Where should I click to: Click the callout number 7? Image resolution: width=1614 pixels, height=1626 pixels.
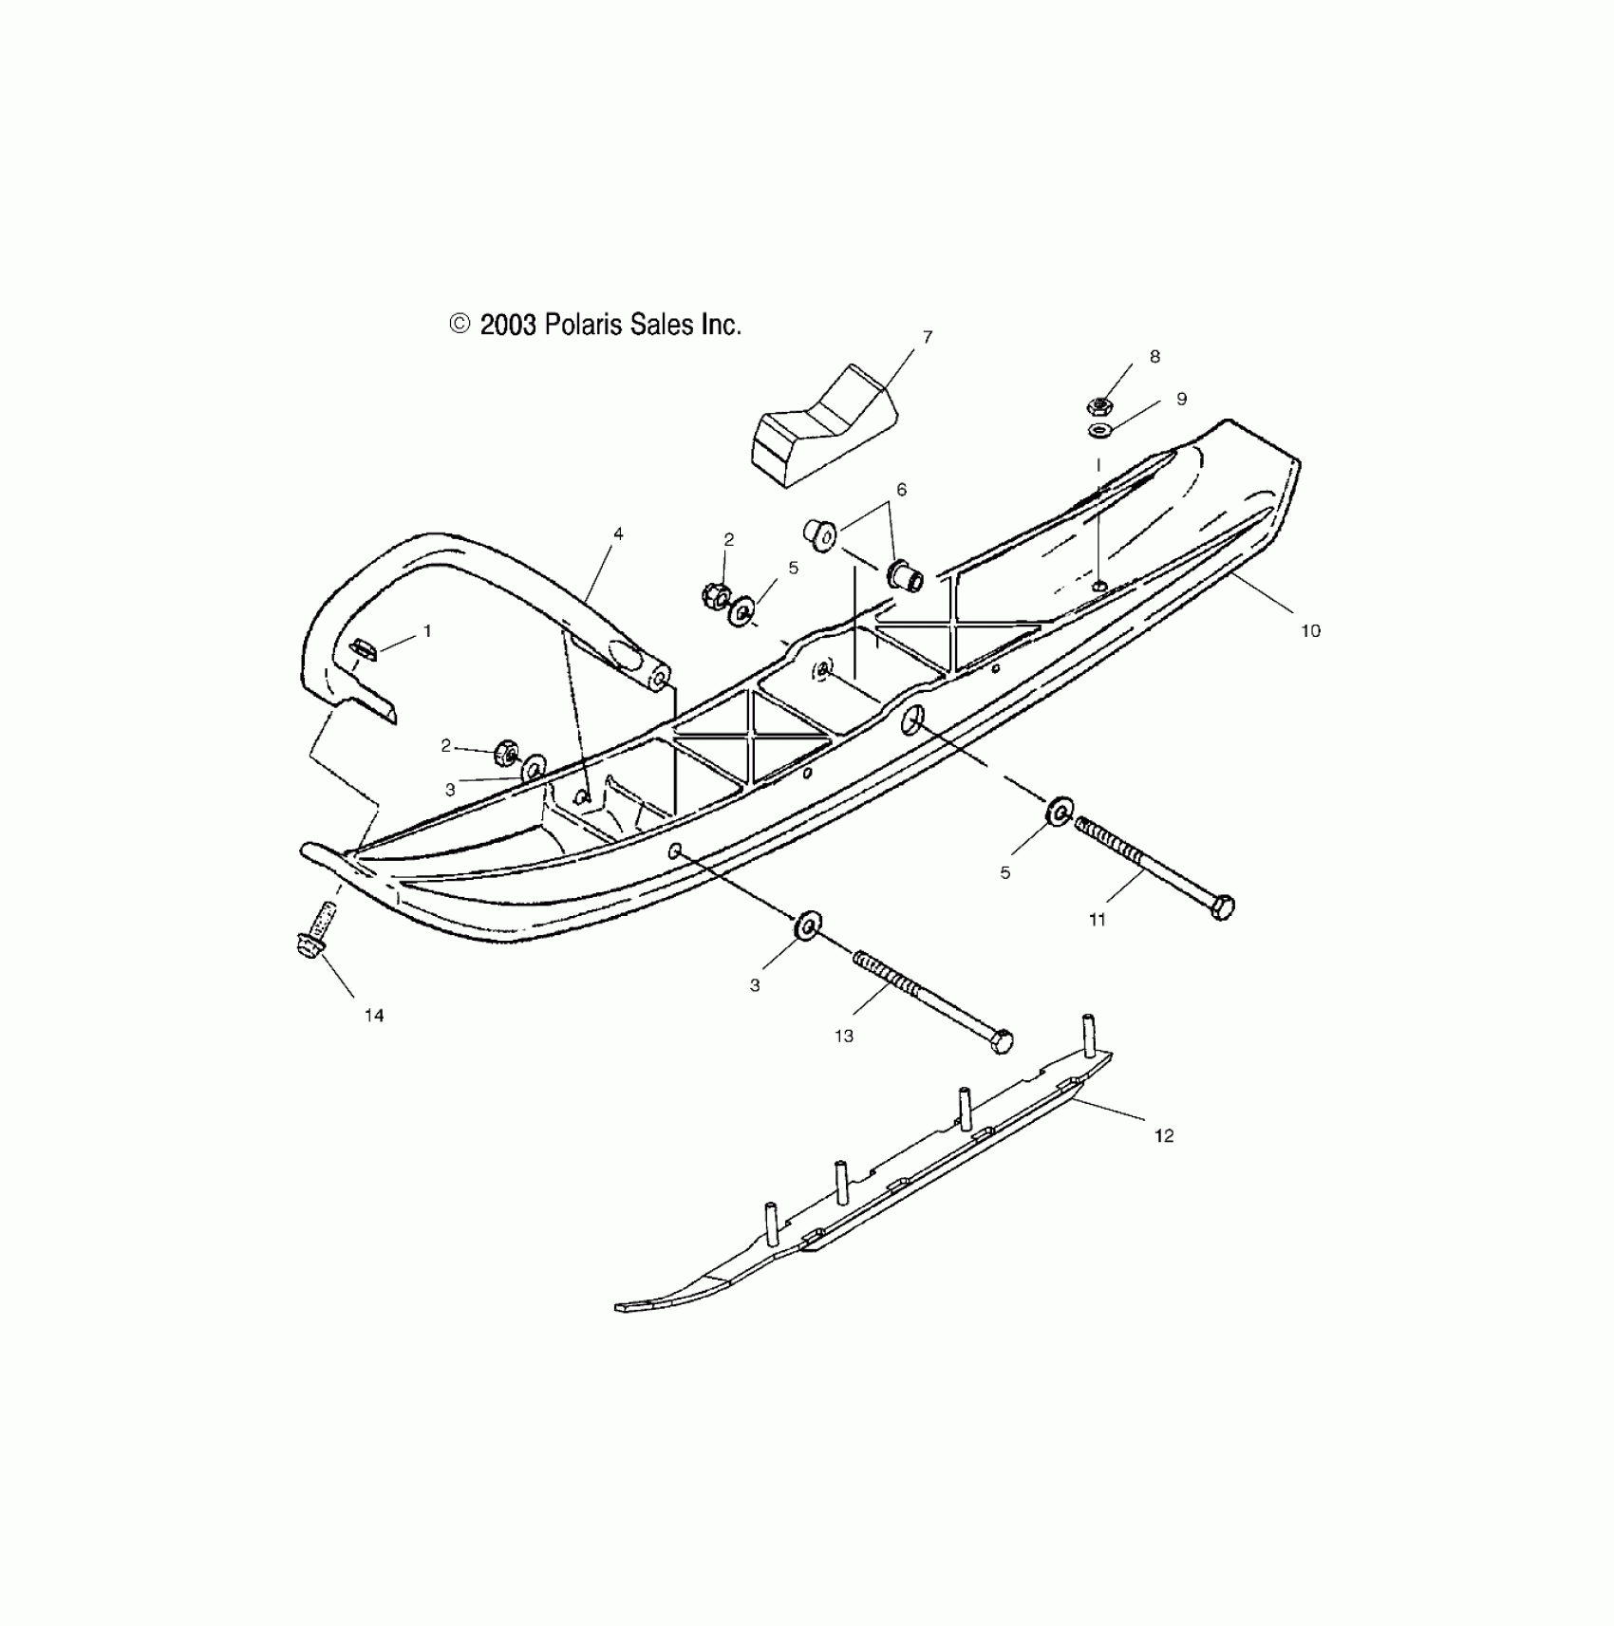point(928,337)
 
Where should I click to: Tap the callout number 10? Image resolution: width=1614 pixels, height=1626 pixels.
point(1310,631)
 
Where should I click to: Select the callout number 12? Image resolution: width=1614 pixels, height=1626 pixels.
point(1164,1136)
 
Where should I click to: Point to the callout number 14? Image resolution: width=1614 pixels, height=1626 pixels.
point(374,1016)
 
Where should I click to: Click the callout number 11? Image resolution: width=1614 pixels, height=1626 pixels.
point(1098,919)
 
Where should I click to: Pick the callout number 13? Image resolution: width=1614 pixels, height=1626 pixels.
point(844,1037)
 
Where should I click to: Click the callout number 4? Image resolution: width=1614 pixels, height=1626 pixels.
point(618,534)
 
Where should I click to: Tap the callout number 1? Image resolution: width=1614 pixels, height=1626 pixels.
point(427,630)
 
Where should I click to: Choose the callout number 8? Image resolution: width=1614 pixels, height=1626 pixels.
point(1154,357)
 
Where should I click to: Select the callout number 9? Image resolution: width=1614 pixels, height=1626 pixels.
point(1181,400)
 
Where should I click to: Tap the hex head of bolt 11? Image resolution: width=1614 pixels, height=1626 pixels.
point(1223,906)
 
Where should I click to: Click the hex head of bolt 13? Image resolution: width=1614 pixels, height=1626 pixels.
point(1002,1040)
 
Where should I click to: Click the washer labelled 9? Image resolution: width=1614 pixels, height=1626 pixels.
point(1099,432)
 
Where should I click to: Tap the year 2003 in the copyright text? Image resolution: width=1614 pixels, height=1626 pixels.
point(509,326)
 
